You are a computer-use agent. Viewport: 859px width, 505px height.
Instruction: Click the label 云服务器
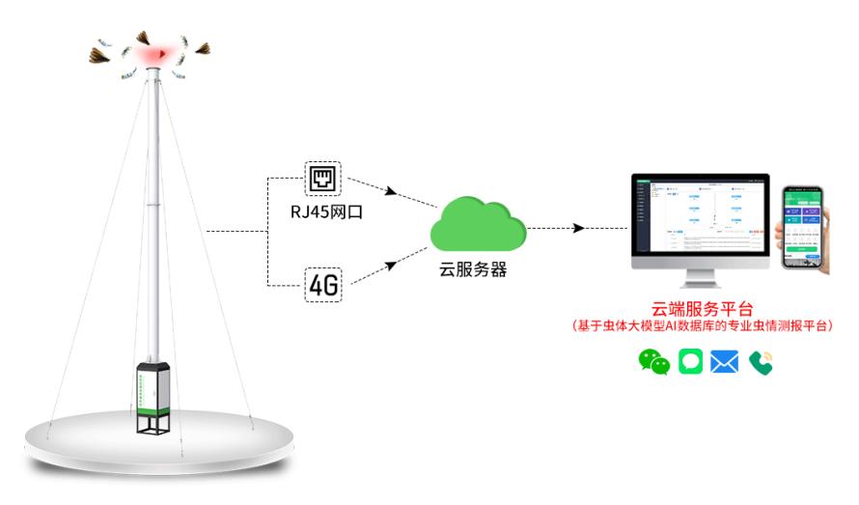coord(476,270)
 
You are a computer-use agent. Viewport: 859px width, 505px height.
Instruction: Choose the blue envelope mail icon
coord(724,362)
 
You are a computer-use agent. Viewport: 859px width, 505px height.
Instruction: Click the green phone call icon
coord(761,362)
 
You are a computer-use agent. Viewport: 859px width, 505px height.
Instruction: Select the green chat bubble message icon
coord(690,362)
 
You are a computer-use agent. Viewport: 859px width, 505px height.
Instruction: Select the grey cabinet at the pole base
coord(153,392)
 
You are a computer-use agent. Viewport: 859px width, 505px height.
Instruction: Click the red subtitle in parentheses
coord(702,328)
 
